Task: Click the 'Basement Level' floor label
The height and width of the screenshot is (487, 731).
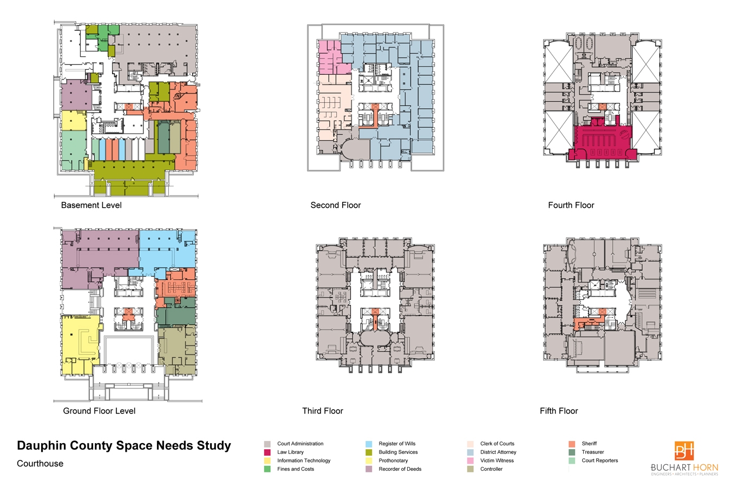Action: (x=91, y=205)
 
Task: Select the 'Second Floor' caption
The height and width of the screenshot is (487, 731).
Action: (x=336, y=205)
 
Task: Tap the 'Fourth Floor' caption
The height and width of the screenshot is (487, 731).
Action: (x=571, y=205)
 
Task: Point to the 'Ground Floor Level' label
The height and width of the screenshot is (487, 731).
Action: (x=99, y=411)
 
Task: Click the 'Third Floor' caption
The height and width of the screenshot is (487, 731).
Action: (x=322, y=411)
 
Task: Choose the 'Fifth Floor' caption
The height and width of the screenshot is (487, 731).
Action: (x=559, y=411)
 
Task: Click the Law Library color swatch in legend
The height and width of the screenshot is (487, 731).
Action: (x=267, y=452)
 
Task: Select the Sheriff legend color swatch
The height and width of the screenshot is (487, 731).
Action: (x=572, y=444)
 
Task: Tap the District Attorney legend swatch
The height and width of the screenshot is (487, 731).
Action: (x=470, y=452)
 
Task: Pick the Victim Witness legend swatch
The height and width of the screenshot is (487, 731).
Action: (x=470, y=461)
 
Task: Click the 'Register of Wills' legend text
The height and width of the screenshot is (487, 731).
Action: (x=397, y=444)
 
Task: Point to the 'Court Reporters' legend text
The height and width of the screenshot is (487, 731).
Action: (x=600, y=460)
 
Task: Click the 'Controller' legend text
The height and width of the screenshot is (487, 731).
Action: (x=491, y=469)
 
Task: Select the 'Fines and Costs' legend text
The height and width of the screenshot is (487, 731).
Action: (x=296, y=469)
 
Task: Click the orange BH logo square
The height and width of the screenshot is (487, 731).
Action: (x=684, y=451)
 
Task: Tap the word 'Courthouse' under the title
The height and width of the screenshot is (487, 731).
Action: (x=40, y=464)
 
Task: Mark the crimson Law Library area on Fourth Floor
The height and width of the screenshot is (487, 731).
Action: (x=603, y=140)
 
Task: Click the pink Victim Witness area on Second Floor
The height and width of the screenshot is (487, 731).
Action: (x=330, y=57)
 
